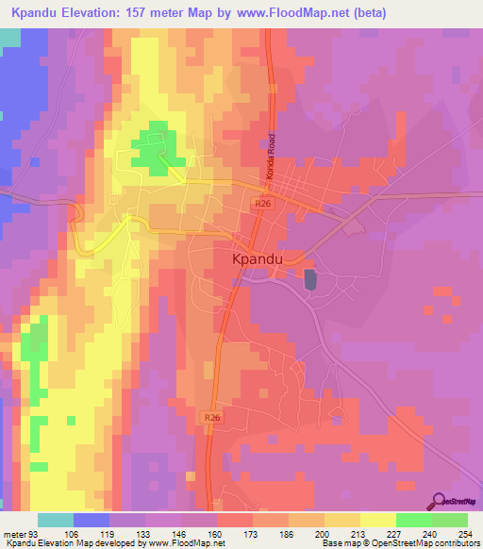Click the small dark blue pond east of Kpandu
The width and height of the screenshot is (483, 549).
click(309, 279)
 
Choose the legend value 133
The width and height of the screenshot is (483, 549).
click(144, 535)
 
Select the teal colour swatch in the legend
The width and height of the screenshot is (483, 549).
click(56, 520)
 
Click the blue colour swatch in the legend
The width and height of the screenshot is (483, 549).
click(92, 520)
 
